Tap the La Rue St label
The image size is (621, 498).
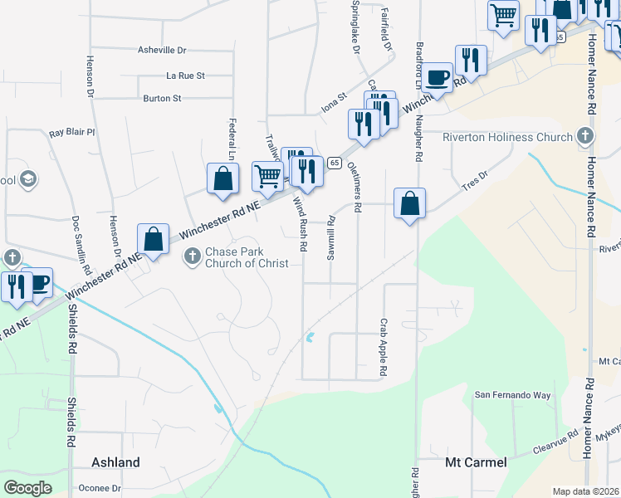point(185,76)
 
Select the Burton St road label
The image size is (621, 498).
point(162,99)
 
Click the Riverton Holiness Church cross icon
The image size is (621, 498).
point(585,137)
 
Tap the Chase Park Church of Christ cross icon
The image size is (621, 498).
point(192,256)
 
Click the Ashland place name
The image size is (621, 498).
point(115,462)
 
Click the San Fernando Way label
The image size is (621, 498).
point(512,396)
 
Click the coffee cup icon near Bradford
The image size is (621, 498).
point(438,78)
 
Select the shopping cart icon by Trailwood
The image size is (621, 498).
point(267,175)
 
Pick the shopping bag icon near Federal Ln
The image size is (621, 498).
point(223,178)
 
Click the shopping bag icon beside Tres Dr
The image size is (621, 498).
point(410,203)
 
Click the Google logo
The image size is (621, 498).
point(28,487)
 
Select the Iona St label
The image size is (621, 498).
point(333,109)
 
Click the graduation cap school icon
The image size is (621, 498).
point(28,179)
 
